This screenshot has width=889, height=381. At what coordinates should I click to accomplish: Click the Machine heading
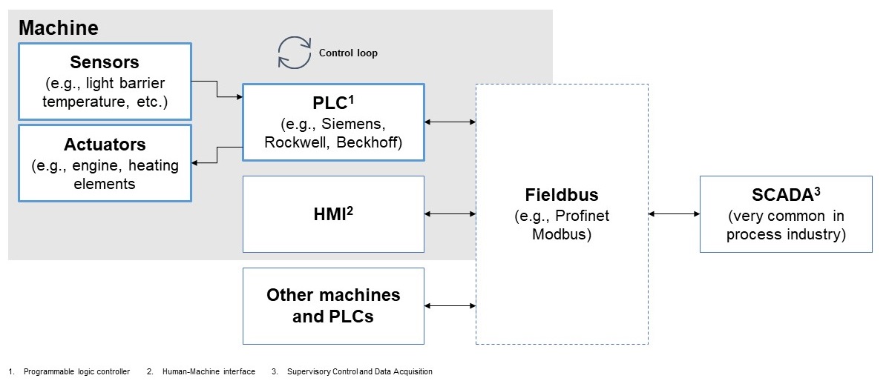point(58,28)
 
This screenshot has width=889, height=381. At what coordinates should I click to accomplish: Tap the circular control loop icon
point(294,53)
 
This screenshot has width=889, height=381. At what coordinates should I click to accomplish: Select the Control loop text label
point(348,53)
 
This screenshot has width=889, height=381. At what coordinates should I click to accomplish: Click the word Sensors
point(105,62)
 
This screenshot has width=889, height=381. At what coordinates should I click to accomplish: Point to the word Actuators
point(105,144)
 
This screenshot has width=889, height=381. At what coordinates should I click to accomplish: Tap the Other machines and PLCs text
point(333,305)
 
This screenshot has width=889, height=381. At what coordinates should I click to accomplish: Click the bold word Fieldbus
point(562,196)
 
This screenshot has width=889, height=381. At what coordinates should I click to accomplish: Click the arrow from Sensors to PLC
point(217,89)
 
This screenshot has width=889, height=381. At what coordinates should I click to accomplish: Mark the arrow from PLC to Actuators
point(217,155)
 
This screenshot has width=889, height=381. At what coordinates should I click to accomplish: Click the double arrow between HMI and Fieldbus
point(450,214)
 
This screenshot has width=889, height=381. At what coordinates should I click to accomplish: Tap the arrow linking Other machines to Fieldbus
point(450,305)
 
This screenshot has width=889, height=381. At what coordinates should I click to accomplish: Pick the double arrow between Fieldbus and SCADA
point(674,214)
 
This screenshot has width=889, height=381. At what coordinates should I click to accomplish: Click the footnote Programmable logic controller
point(77,371)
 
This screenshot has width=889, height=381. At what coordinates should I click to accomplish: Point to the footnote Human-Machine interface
point(209,371)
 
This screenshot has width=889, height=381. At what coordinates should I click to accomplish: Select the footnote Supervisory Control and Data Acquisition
point(360,371)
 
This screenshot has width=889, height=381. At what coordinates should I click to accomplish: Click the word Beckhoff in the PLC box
point(369,142)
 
